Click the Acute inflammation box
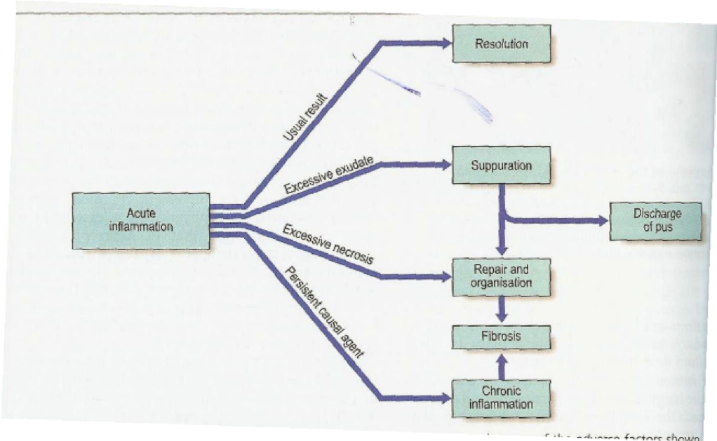point(141,220)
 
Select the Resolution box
point(501,44)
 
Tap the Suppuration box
point(501,166)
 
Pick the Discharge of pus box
point(657,221)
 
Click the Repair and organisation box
point(501,276)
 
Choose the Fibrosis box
point(501,337)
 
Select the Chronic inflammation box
point(501,398)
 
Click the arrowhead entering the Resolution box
point(446,43)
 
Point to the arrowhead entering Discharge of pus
point(603,220)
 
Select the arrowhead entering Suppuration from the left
point(446,165)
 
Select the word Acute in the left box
point(141,213)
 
